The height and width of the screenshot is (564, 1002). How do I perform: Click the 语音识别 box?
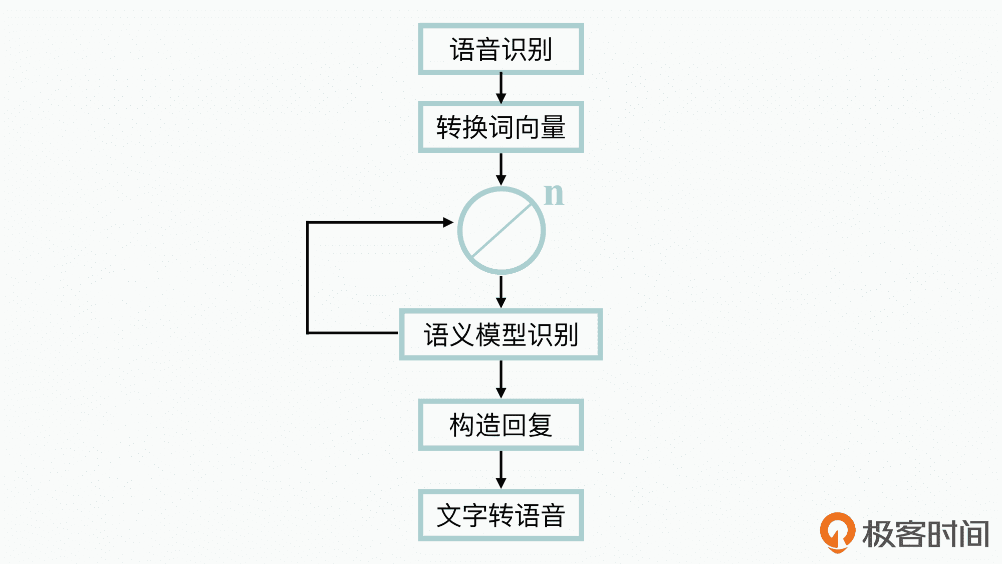(500, 49)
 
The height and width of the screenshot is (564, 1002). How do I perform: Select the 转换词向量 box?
(500, 127)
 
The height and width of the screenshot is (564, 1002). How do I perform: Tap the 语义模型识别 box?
(500, 334)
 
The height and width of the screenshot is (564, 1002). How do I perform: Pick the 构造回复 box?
(500, 425)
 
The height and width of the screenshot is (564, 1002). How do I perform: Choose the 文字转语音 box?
(500, 515)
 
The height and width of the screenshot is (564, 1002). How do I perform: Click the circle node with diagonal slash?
(501, 231)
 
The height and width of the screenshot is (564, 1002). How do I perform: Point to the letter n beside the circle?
(554, 194)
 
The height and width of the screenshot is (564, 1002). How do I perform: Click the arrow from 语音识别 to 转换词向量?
(501, 88)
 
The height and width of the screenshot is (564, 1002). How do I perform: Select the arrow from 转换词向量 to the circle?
(501, 169)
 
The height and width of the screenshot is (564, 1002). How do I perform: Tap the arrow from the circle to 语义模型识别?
(501, 291)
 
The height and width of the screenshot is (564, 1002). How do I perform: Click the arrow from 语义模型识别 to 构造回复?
(501, 379)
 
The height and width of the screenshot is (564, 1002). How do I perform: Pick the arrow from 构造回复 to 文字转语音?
(501, 469)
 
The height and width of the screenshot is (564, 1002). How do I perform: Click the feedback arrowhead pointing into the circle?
(448, 222)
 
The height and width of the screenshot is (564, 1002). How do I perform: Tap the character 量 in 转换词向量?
(553, 127)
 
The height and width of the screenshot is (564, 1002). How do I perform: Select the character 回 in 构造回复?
(514, 425)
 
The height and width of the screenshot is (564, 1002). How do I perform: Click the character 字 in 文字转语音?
(474, 516)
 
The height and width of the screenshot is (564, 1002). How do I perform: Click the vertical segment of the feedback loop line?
(308, 277)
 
